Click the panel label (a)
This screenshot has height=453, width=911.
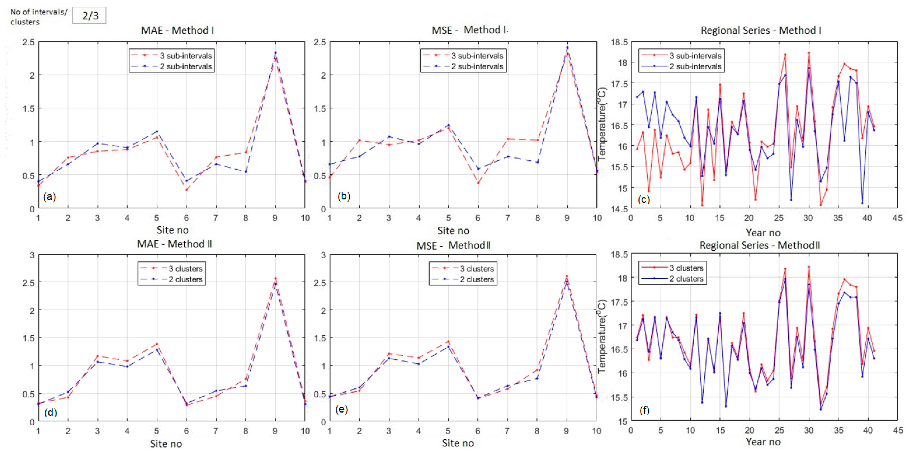[50, 197]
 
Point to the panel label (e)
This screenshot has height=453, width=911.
[341, 409]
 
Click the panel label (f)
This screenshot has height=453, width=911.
[644, 410]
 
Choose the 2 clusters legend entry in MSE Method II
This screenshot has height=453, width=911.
[463, 279]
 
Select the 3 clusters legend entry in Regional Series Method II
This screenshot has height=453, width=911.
[673, 268]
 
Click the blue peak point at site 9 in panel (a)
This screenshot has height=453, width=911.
[275, 53]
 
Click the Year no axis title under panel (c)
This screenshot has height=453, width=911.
[763, 233]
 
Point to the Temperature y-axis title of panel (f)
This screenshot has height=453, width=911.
[602, 336]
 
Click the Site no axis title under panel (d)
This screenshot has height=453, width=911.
[166, 444]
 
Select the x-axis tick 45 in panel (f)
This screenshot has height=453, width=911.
[897, 430]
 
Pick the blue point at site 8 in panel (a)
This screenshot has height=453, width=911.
[246, 172]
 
